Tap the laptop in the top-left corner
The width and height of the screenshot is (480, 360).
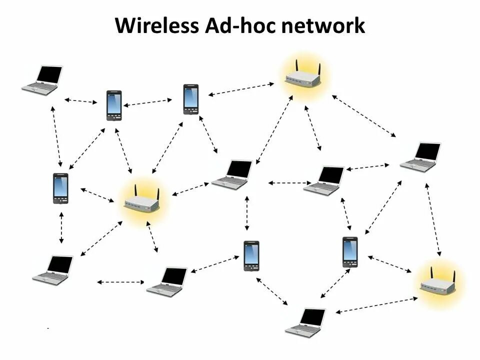click(x=42, y=80)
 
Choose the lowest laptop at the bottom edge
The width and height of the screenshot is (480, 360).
click(x=305, y=322)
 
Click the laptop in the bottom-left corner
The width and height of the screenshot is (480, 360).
click(x=53, y=270)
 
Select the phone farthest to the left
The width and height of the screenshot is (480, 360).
click(x=60, y=188)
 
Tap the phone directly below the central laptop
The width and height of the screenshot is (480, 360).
click(x=251, y=255)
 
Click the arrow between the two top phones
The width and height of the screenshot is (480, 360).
click(x=148, y=102)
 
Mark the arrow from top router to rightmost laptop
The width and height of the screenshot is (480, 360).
click(x=363, y=115)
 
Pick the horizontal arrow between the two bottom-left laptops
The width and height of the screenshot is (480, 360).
click(x=120, y=282)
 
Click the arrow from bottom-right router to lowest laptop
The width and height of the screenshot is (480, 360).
click(x=376, y=305)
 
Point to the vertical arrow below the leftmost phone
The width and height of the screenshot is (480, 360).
click(x=61, y=227)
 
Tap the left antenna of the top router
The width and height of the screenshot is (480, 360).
click(x=296, y=67)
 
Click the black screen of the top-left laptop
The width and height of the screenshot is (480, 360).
click(x=49, y=74)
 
